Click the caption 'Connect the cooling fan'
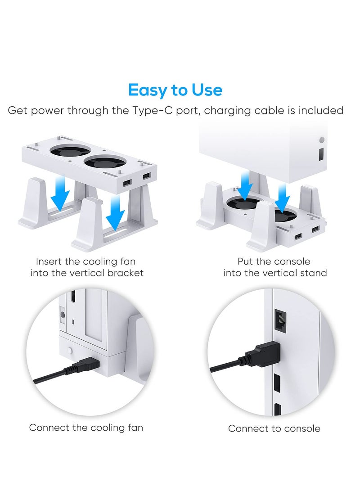pos(86,427)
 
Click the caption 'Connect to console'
pos(274,428)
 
